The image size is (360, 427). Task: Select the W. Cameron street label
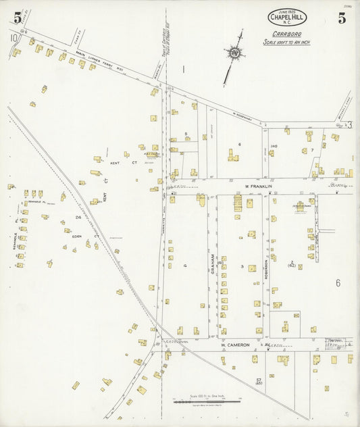tap(235, 345)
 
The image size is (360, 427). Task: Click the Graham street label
tap(210, 257)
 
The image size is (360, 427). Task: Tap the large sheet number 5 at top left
tap(17, 18)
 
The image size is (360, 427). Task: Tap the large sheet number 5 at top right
tap(342, 18)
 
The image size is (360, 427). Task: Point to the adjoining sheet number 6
tap(338, 283)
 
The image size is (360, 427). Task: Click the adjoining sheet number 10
tap(13, 39)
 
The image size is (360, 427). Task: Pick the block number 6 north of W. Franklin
tap(239, 144)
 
